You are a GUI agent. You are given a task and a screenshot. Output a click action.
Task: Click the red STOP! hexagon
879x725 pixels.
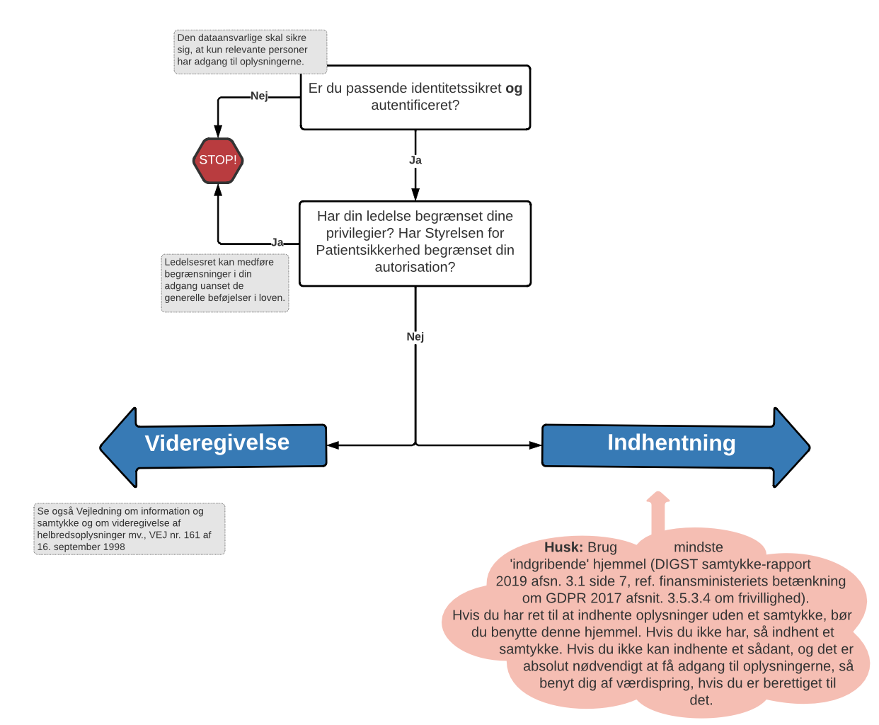click(218, 161)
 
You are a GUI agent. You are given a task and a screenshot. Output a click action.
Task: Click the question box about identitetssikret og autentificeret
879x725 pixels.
click(415, 98)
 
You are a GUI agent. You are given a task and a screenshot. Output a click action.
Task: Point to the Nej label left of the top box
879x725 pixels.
click(259, 96)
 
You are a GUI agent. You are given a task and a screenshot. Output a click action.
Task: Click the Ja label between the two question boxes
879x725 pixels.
click(415, 161)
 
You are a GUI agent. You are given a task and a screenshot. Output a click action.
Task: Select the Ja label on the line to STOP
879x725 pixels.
click(277, 243)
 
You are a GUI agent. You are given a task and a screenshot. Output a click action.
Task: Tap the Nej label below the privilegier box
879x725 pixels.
click(415, 337)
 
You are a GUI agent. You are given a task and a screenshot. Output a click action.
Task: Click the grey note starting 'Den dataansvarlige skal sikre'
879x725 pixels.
click(251, 52)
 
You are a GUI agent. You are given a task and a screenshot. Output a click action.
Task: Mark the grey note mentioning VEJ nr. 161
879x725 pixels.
click(130, 529)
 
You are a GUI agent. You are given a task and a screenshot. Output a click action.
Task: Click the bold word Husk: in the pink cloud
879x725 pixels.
click(563, 547)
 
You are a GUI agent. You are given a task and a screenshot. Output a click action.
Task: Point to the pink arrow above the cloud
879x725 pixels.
click(658, 511)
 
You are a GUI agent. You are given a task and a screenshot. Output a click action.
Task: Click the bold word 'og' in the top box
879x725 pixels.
click(514, 89)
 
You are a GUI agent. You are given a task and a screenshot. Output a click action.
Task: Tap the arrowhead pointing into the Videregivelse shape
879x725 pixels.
click(333, 445)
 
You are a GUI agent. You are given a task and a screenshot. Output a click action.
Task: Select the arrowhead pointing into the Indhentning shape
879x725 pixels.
click(536, 445)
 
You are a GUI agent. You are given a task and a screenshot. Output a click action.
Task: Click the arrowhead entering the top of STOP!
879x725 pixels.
click(218, 132)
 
